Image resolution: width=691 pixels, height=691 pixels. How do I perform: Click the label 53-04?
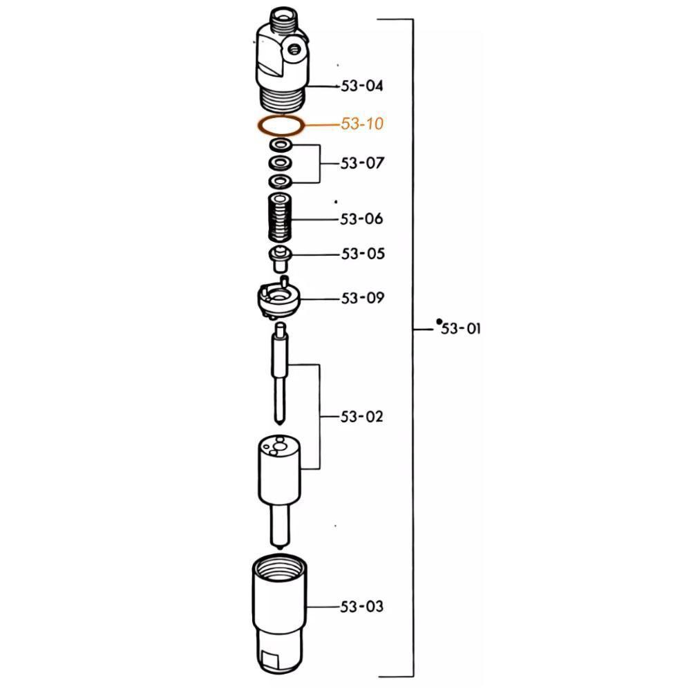point(362,86)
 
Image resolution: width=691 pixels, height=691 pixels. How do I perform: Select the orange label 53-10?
point(362,124)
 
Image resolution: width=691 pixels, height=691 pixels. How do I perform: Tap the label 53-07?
point(362,164)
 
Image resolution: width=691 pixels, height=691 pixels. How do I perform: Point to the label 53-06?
point(362,219)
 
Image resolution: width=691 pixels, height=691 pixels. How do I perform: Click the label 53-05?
point(362,254)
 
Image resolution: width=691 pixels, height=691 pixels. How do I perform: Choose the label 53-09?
point(362,299)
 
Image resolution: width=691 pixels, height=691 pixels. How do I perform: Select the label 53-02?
point(362,417)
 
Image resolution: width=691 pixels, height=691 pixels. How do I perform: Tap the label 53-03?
point(362,607)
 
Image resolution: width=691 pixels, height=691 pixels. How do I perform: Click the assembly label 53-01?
point(461,329)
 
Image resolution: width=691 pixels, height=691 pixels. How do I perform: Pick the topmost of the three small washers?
point(281,145)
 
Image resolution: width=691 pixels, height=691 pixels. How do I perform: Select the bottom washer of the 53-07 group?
point(281,181)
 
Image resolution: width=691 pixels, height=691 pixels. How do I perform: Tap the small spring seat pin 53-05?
point(281,257)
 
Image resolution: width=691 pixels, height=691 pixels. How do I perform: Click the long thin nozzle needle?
point(281,373)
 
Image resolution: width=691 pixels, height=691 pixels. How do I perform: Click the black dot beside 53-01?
point(439,322)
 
